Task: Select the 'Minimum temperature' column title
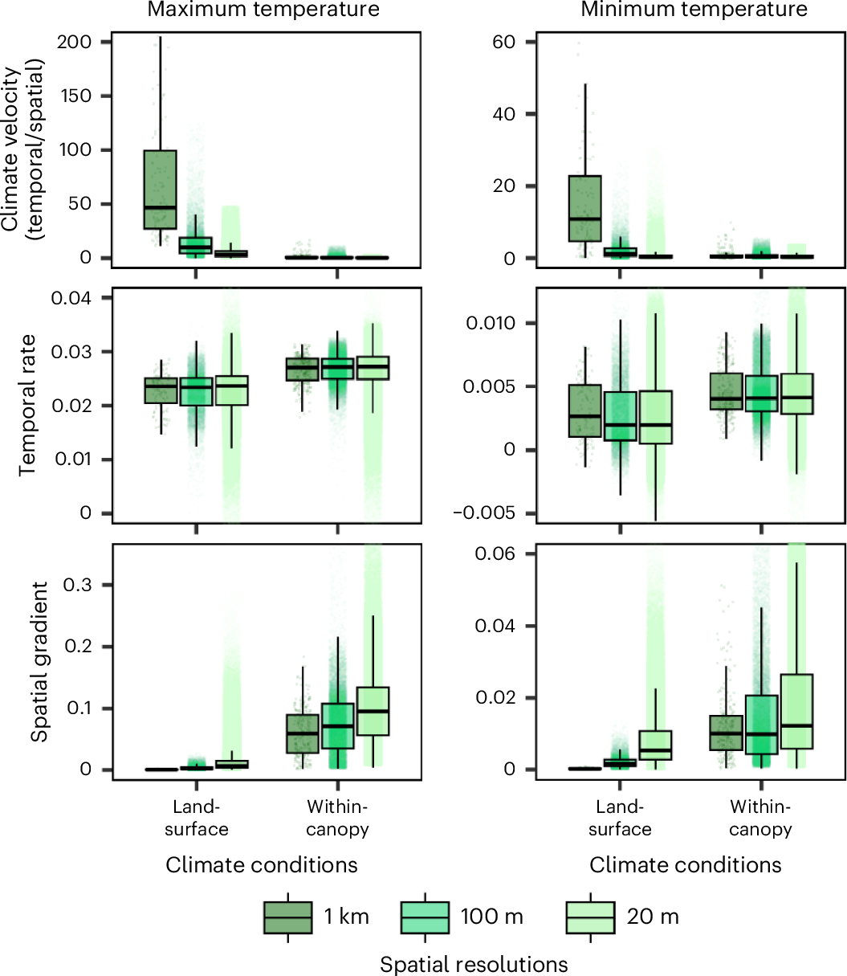[694, 10]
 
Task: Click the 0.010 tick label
[491, 323]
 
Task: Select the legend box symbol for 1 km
[288, 917]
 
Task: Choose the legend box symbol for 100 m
[425, 917]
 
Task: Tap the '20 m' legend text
[653, 917]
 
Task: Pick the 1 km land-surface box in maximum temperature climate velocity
[160, 190]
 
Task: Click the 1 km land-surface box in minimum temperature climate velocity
[584, 209]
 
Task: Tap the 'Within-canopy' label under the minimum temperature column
[760, 818]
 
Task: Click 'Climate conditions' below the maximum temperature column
[262, 865]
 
